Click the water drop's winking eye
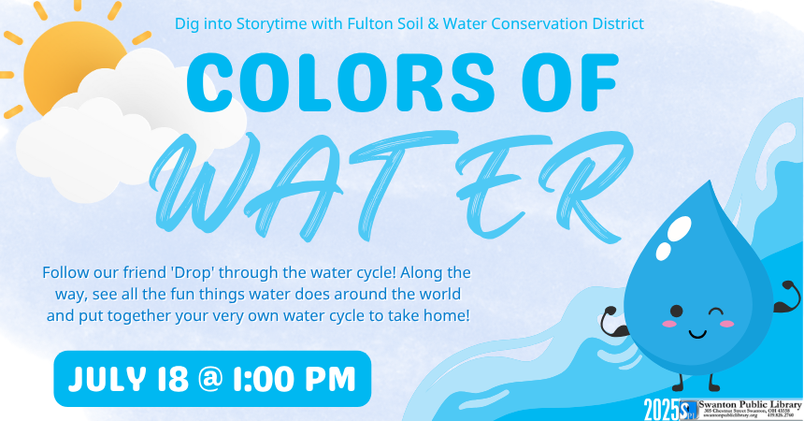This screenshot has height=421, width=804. tap(716, 311)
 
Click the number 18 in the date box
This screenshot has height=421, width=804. tap(173, 379)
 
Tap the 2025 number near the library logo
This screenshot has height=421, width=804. tap(661, 408)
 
